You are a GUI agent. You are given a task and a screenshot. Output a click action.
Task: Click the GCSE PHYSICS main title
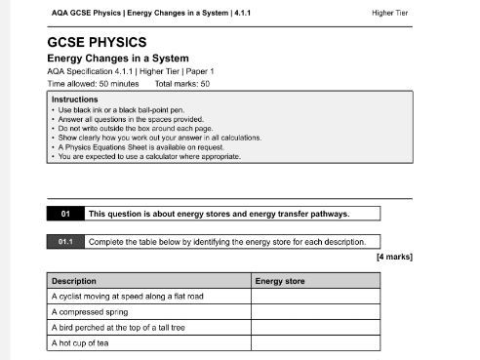(x=97, y=43)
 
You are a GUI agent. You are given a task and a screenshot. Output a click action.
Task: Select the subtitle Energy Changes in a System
(x=113, y=59)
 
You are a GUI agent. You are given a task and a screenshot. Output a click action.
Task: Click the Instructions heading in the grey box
(x=74, y=100)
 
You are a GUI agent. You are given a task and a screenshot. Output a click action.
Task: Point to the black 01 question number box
(x=65, y=214)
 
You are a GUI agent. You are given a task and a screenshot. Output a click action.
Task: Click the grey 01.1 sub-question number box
(x=65, y=241)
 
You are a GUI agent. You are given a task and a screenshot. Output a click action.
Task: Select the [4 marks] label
(x=394, y=257)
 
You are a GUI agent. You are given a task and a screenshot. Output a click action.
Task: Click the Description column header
(x=74, y=281)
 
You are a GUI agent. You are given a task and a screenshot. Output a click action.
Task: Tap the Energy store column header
(x=280, y=281)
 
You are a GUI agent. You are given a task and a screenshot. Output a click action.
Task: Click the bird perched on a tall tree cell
(x=118, y=328)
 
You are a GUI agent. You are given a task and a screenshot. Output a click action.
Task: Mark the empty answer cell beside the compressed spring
(x=315, y=312)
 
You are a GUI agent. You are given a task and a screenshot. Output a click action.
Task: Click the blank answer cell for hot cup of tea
(x=315, y=343)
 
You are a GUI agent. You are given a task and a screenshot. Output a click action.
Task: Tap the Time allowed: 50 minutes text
(x=92, y=84)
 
